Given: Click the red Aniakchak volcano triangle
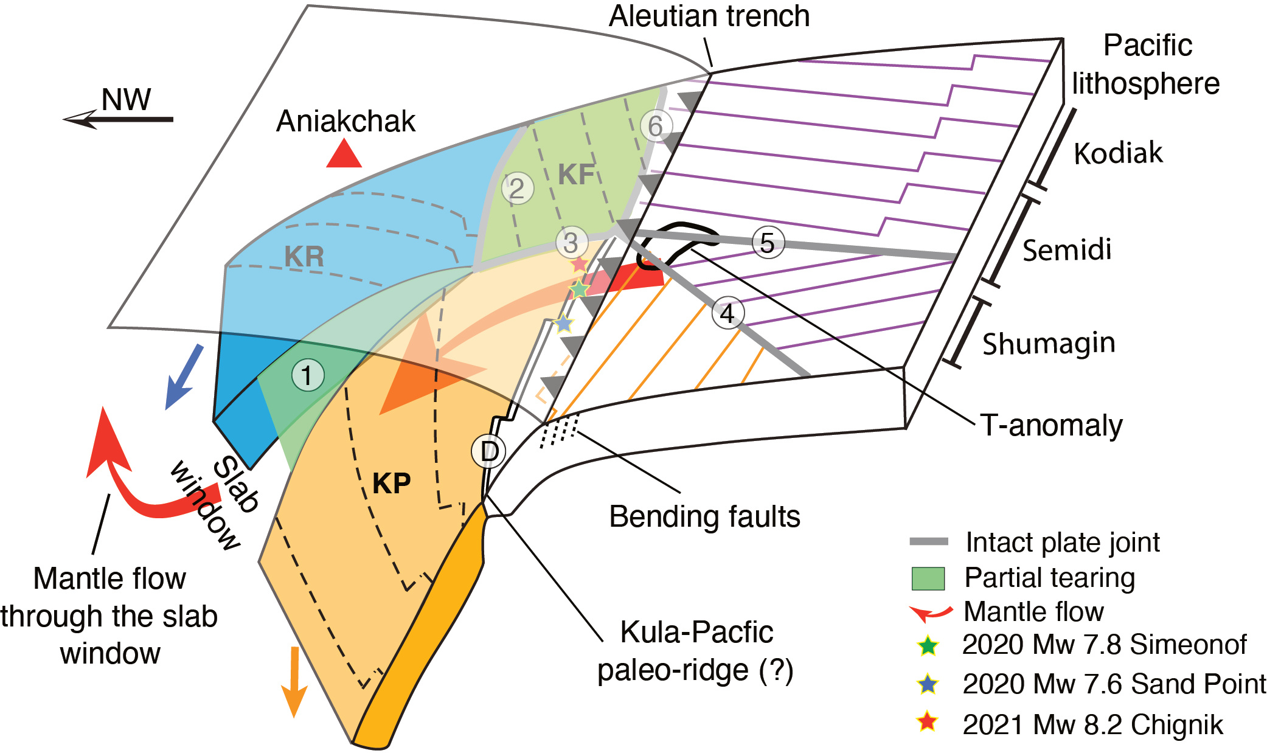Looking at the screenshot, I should (344, 154).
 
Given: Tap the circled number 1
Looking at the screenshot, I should (308, 375).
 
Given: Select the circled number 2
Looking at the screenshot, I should (517, 188).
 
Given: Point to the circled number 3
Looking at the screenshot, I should (571, 243).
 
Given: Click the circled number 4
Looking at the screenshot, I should (727, 313).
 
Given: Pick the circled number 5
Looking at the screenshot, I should (768, 243).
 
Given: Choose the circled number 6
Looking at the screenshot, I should (656, 126).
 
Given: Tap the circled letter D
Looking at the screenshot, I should (489, 451).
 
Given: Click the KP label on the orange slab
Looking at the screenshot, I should (392, 484).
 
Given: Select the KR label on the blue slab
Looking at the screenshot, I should (304, 257).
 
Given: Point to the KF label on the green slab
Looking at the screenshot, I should (576, 175).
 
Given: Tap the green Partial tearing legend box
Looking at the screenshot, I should (928, 578).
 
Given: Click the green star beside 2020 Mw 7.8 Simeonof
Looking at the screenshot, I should (928, 645).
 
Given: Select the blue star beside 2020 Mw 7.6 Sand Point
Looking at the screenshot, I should (928, 685).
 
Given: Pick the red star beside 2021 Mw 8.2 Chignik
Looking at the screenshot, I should (928, 723).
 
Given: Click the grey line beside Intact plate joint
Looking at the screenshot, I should (928, 541).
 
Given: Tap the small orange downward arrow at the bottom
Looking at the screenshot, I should (294, 681).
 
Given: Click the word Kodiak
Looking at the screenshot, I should (1118, 153).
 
